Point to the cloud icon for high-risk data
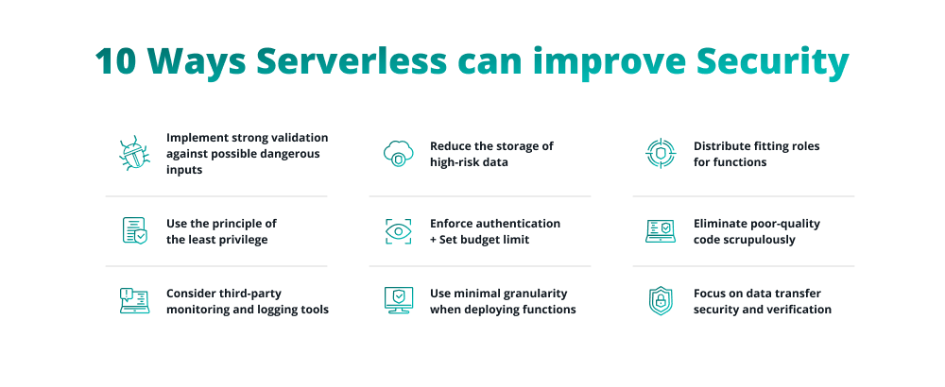398,154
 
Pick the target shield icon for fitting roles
661,154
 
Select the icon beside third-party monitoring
134,301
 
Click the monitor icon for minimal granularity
398,301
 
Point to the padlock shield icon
661,301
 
